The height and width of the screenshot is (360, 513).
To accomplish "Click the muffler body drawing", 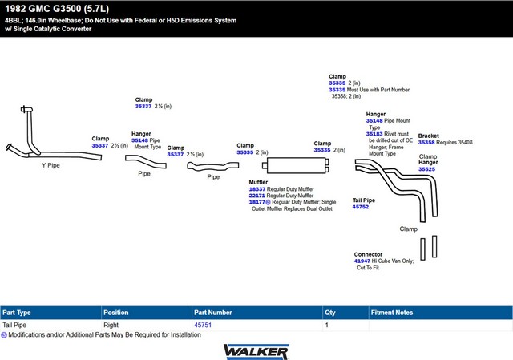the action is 296,165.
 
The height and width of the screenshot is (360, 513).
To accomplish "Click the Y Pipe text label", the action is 50,165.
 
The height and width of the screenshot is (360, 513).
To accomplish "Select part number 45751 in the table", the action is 203,325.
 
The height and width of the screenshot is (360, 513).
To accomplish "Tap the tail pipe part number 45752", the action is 361,207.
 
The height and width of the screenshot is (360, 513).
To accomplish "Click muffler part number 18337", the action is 257,189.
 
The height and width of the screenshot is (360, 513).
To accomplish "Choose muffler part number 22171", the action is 256,196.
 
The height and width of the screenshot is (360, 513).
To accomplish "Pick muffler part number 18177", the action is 256,202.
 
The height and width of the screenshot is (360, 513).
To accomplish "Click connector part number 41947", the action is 362,261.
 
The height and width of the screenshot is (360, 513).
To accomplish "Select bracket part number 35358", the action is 426,143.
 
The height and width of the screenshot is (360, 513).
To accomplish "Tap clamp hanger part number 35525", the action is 426,169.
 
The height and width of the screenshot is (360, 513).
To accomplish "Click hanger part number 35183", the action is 374,134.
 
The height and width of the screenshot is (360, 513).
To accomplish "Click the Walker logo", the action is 256,352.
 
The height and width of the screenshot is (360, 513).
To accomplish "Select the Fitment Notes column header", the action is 392,313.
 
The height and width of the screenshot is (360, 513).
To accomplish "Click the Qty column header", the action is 330,313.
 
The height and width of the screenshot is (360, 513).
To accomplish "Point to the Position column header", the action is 115,313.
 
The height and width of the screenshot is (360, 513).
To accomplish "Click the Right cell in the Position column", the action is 111,325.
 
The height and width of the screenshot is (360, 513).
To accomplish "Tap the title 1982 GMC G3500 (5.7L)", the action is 57,9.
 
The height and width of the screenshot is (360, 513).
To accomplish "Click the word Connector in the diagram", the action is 368,254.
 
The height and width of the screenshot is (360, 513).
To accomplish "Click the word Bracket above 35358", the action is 429,136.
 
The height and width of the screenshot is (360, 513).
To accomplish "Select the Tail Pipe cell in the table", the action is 14,325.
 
